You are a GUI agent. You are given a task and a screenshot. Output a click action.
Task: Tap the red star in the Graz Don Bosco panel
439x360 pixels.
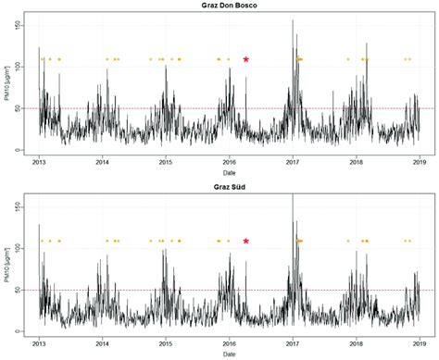click(x=246, y=59)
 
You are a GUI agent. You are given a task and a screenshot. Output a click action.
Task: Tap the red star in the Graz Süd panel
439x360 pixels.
click(x=246, y=241)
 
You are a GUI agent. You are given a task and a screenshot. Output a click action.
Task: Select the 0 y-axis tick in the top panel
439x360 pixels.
click(x=26, y=150)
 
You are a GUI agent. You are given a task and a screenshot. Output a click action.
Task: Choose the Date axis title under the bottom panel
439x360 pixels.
click(x=228, y=354)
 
